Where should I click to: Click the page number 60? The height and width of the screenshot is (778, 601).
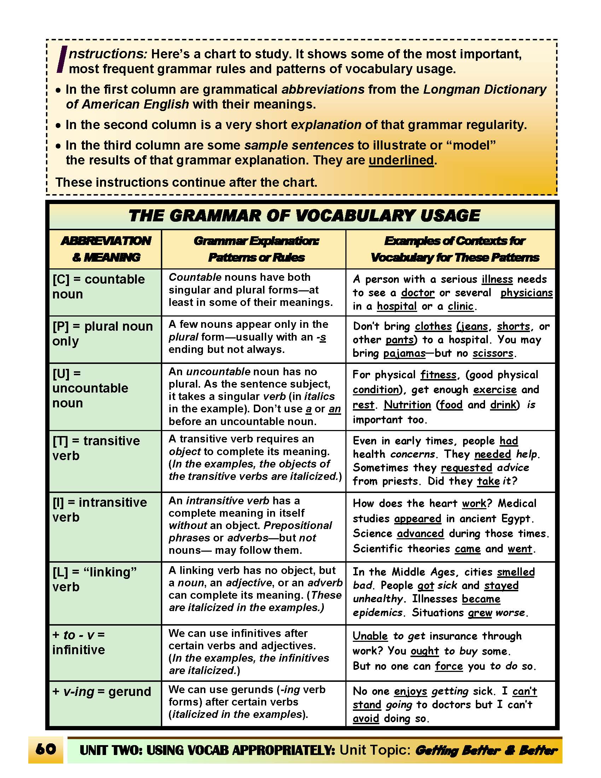(46, 749)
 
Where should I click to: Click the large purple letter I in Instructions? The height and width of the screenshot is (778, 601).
(62, 59)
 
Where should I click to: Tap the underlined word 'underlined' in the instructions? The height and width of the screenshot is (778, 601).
(401, 160)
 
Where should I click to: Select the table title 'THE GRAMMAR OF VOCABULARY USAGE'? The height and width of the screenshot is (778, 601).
(304, 216)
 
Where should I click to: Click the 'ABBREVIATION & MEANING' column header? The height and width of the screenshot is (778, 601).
(106, 249)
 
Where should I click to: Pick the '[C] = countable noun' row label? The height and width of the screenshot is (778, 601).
(98, 286)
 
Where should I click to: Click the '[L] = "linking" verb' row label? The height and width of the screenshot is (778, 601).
(94, 579)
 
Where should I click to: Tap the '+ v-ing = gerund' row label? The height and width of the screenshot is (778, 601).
(101, 691)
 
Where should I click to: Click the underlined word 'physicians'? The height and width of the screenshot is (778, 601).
(526, 292)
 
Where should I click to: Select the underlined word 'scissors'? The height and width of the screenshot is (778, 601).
(493, 353)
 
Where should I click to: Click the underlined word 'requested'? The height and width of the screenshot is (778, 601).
(466, 468)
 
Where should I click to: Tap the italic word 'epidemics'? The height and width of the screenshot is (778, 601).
(378, 612)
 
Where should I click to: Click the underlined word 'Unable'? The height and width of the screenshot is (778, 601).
(370, 636)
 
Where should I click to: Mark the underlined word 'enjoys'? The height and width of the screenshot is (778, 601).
(410, 691)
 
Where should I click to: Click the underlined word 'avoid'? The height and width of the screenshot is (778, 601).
(366, 718)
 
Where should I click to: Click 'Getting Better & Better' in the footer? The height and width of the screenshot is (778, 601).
(486, 750)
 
